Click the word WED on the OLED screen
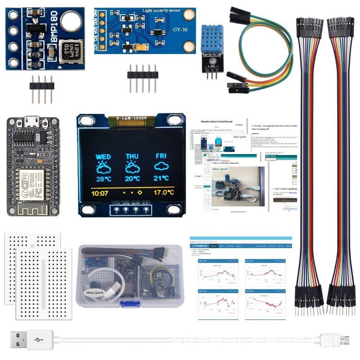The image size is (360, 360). pyautogui.click(x=103, y=157)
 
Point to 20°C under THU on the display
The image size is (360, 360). pyautogui.click(x=132, y=179)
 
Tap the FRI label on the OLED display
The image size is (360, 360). pyautogui.click(x=161, y=156)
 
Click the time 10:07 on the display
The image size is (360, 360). pyautogui.click(x=100, y=193)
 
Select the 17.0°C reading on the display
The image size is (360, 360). pyautogui.click(x=163, y=193)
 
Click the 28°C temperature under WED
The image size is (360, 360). pyautogui.click(x=103, y=179)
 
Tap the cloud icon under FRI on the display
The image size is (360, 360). pyautogui.click(x=161, y=166)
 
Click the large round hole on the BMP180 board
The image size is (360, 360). pyautogui.click(x=70, y=20)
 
